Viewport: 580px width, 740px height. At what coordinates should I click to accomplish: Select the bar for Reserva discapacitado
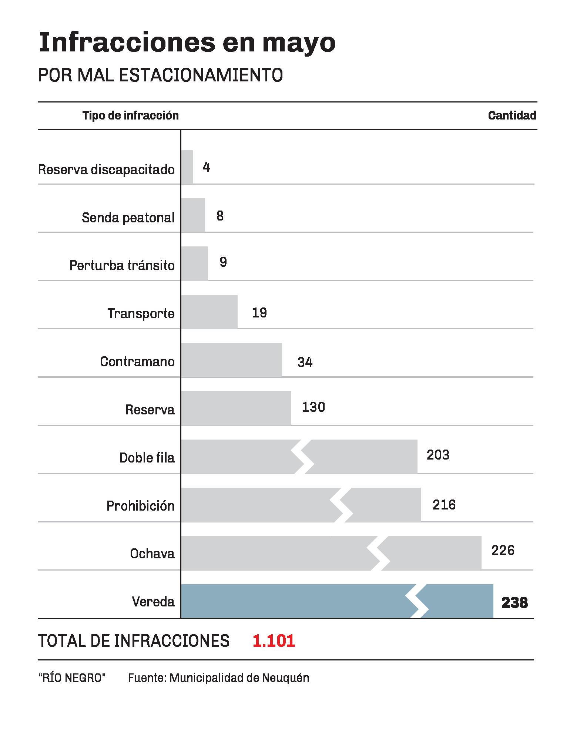point(187,167)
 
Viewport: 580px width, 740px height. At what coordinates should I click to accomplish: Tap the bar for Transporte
point(209,312)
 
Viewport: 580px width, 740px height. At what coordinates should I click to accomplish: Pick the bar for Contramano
point(231,360)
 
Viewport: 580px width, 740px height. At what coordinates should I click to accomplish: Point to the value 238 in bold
point(514,603)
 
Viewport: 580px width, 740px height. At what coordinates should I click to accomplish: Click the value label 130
point(314,407)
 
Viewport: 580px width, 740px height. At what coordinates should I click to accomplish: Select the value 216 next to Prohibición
point(444,505)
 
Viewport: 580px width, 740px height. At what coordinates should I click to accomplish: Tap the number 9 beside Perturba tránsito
point(223,262)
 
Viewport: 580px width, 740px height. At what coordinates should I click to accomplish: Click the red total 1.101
point(274,641)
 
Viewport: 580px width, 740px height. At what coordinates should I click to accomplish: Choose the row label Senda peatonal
point(128,218)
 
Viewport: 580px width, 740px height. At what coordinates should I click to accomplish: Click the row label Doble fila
point(147,458)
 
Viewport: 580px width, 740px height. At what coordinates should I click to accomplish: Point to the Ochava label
point(152,554)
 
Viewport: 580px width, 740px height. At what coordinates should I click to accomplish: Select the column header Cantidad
point(512,116)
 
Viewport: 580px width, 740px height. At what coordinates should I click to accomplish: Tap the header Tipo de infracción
point(131,116)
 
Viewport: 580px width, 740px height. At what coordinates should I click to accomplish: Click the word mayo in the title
point(299,43)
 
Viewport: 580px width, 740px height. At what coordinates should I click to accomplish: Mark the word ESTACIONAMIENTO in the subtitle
point(201,75)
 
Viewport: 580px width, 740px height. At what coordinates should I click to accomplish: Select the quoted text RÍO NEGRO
point(72,678)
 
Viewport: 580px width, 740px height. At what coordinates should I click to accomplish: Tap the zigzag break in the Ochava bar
point(379,553)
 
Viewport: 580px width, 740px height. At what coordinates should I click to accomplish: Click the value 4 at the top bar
point(206,168)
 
